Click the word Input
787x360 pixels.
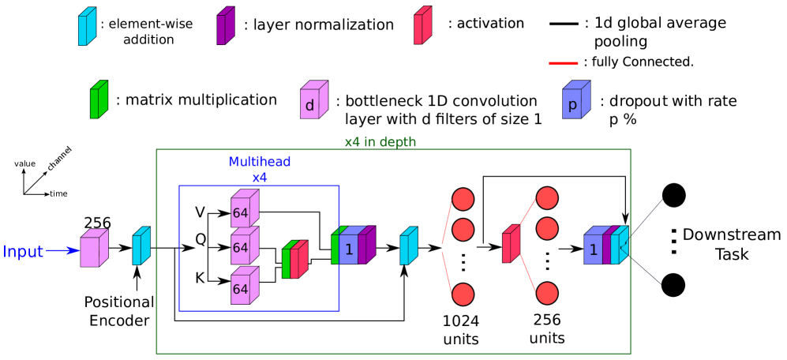pos(23,252)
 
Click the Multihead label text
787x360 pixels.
pos(260,162)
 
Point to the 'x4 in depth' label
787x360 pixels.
pos(380,142)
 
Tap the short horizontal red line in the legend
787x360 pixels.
pos(564,63)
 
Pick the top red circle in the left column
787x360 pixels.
pos(463,199)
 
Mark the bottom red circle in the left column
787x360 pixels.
pos(463,294)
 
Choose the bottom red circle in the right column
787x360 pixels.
pos(547,294)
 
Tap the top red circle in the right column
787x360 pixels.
pos(547,198)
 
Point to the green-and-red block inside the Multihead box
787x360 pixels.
pos(294,260)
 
